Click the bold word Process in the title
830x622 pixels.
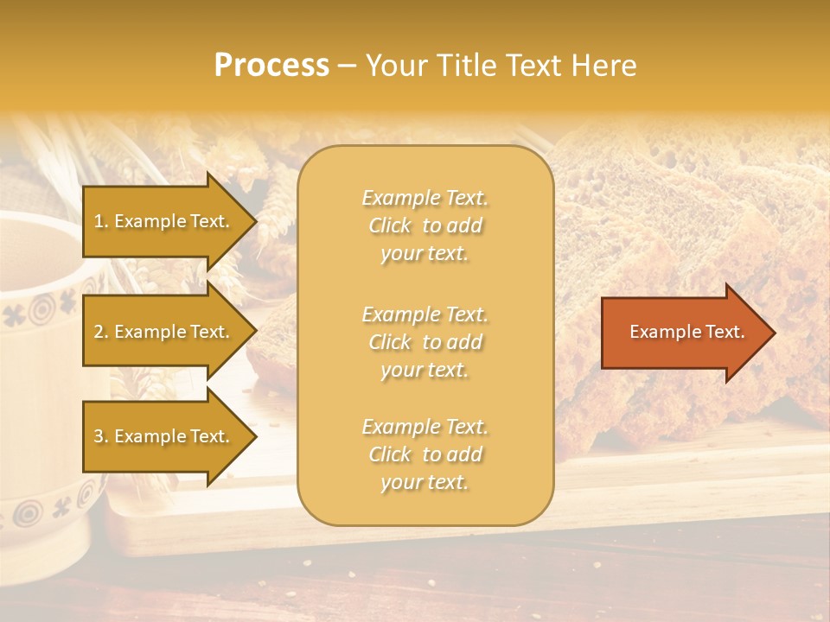coord(271,66)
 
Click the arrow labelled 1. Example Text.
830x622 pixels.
coord(164,221)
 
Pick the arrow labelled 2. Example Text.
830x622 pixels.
coord(164,332)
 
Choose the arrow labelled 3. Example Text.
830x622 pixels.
coord(164,436)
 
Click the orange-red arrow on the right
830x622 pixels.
coord(683,333)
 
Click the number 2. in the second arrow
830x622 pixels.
coord(101,332)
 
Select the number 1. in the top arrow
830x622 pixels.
coord(101,221)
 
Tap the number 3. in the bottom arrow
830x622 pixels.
coord(101,436)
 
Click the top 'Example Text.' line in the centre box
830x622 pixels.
coord(425,198)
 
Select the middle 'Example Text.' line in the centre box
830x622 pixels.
coord(425,314)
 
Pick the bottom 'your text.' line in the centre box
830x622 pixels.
coord(425,483)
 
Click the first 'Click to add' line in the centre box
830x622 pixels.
coord(425,226)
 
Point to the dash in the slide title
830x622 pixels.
coord(348,67)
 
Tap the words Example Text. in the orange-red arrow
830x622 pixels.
coord(686,332)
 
